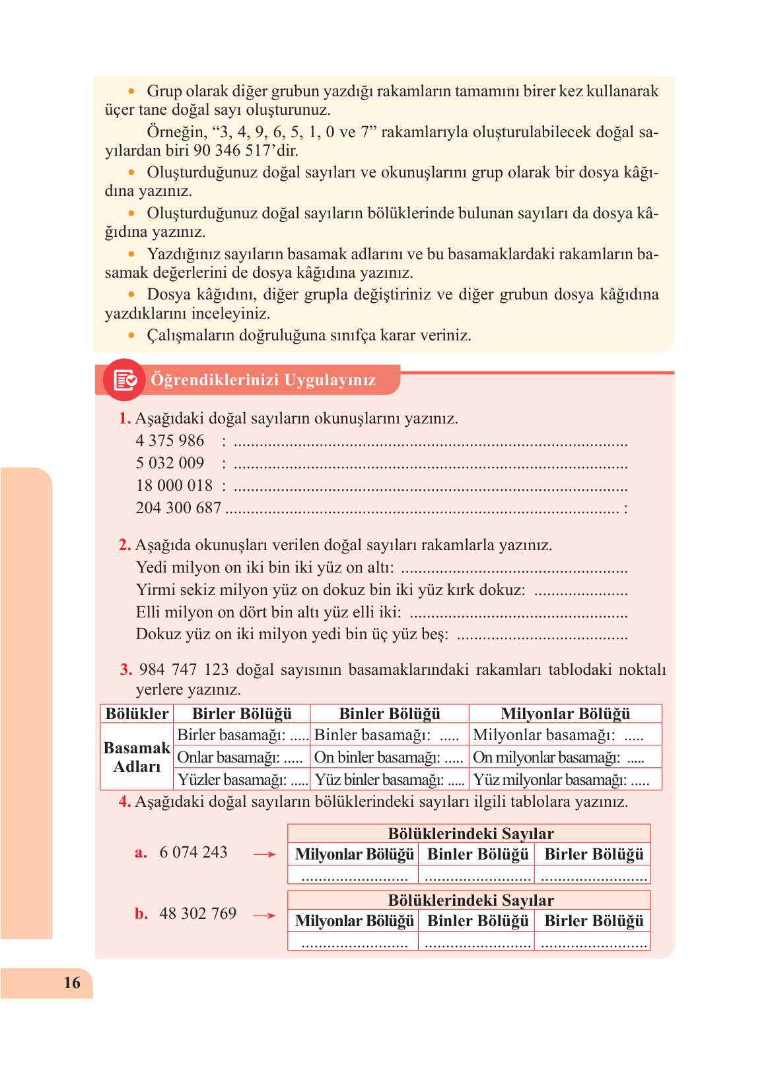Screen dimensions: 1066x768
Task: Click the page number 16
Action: point(72,983)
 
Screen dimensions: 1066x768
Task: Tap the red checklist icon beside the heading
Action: point(125,380)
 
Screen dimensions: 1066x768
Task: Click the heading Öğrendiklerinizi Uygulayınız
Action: point(263,380)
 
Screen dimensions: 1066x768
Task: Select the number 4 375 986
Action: point(170,441)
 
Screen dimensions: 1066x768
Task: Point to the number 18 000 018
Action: point(174,486)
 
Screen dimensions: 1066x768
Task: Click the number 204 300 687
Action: point(178,508)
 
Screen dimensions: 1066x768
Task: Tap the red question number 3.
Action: point(126,670)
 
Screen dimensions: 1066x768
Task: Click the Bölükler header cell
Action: point(137,714)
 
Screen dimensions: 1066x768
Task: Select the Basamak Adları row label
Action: point(137,757)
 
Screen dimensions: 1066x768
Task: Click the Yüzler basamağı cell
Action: point(242,780)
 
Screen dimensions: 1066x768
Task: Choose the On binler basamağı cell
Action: point(389,757)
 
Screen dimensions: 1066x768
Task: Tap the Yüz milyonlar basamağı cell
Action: point(561,780)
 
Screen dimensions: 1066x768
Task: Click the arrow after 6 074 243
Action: point(264,854)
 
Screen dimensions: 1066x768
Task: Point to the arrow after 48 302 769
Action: point(264,916)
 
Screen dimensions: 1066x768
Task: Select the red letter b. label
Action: point(141,914)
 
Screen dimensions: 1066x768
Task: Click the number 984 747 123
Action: point(184,670)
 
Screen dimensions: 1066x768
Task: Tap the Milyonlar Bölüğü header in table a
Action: point(354,854)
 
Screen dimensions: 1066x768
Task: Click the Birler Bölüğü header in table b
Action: point(594,921)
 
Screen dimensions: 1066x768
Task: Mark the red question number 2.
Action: point(125,545)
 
